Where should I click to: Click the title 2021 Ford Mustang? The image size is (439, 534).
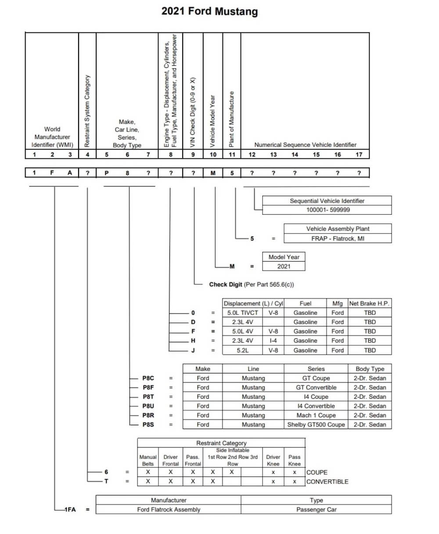click(209, 11)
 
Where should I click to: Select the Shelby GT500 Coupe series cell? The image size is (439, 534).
click(316, 425)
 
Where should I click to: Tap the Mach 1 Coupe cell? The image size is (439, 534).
click(316, 415)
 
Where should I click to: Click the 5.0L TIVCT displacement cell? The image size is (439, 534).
click(243, 313)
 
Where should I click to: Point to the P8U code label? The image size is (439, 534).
click(148, 406)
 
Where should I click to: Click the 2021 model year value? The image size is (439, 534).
click(284, 266)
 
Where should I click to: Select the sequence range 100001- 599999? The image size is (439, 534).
click(327, 210)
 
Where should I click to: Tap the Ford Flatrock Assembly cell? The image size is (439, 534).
click(169, 509)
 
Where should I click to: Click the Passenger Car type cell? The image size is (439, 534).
click(316, 509)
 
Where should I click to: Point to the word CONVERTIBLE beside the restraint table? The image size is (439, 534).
click(327, 481)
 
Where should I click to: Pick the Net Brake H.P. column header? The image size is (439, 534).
click(369, 303)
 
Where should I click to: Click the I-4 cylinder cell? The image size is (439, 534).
click(273, 340)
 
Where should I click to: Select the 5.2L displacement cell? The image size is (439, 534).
click(243, 350)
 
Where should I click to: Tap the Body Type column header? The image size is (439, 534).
click(370, 369)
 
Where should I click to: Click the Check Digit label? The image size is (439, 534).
click(226, 284)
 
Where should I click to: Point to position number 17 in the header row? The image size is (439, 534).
click(359, 154)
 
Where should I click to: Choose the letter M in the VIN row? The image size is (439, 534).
click(213, 173)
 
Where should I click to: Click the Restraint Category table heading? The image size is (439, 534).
click(221, 443)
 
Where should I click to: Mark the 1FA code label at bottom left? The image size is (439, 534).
click(70, 509)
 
